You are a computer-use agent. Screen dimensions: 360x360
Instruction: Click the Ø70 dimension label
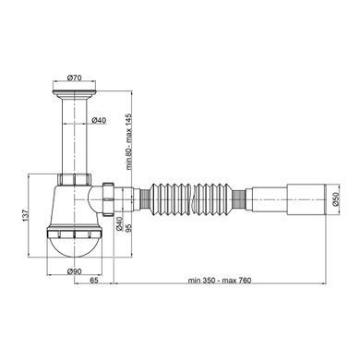coord(74,78)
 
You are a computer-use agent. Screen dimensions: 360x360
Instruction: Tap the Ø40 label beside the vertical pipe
coord(99,120)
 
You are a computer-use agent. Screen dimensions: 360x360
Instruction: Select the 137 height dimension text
coord(26,215)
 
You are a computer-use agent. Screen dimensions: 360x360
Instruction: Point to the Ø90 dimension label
coord(74,271)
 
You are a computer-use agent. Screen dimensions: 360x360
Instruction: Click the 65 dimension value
coord(94,280)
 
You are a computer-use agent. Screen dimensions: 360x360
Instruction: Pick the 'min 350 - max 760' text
coord(220,281)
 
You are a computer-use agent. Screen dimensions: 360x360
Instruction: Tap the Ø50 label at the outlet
coord(335,198)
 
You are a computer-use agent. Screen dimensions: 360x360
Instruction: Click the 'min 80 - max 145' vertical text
coord(128,141)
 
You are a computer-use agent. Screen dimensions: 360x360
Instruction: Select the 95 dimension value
coord(128,228)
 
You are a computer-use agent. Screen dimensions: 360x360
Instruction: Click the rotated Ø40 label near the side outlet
coord(120,224)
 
